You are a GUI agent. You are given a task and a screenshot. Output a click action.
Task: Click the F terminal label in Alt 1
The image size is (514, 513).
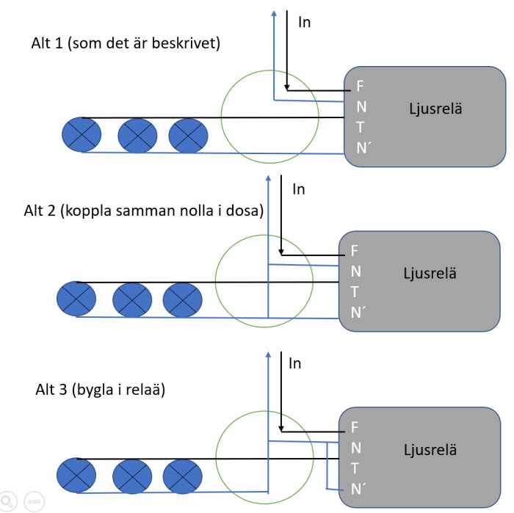360,86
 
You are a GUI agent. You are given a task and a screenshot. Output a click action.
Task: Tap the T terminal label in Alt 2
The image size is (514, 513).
355,292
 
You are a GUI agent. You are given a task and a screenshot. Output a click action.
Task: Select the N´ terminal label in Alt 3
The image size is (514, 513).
358,489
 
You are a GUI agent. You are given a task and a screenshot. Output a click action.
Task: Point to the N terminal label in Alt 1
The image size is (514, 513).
361,107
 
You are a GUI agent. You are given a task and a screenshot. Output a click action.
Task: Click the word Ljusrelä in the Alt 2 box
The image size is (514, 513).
430,273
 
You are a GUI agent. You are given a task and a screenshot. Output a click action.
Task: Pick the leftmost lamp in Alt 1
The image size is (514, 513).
82,134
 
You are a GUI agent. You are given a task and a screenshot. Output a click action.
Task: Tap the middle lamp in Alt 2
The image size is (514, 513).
132,299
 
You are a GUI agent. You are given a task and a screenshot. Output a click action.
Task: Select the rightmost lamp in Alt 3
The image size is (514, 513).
183,476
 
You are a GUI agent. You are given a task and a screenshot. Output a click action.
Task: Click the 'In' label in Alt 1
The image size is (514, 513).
304,22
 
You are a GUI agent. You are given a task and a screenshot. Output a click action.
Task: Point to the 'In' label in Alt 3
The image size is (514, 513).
294,363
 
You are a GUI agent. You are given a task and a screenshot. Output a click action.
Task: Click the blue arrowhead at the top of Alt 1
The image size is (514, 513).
274,13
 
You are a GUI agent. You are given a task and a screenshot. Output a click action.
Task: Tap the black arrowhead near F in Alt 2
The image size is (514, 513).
281,252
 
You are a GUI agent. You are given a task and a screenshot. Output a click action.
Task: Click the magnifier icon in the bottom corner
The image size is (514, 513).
7,501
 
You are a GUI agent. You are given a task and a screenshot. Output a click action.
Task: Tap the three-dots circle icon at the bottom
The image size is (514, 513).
34,501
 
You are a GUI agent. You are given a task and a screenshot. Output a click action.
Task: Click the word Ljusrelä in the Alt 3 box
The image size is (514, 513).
430,450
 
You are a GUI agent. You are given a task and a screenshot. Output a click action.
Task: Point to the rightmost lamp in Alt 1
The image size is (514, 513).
188,136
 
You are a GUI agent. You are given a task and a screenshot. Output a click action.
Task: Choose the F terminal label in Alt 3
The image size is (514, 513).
355,427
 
